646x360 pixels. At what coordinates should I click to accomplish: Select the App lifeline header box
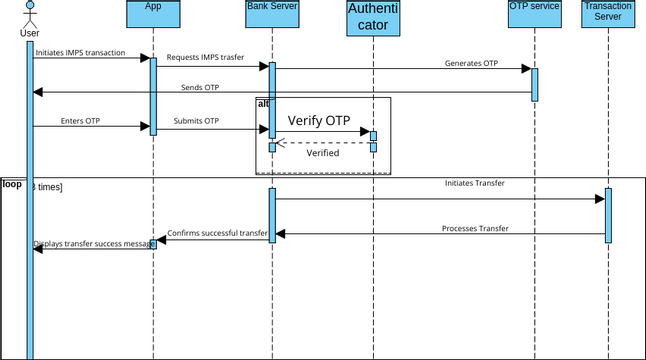tap(153, 17)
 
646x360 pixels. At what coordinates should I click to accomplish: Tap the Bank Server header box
tap(271, 17)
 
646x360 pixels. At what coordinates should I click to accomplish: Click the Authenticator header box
tap(373, 18)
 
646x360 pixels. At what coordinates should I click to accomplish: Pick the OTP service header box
tap(534, 17)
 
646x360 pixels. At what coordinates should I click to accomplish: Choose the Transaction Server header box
tap(607, 17)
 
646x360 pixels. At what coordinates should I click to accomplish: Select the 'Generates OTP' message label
tap(471, 63)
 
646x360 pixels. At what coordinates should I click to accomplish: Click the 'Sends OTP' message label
tap(200, 87)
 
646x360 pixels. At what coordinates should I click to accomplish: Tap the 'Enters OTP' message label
tap(80, 121)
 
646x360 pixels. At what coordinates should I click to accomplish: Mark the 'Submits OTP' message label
tap(196, 121)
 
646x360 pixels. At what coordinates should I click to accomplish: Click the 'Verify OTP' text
tap(319, 120)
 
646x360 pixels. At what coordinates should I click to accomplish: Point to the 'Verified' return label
tap(322, 153)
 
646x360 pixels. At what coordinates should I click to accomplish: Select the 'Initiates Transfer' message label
tap(474, 184)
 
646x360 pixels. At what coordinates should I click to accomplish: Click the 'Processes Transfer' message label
tap(475, 229)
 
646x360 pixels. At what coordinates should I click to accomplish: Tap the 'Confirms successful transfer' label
tap(218, 233)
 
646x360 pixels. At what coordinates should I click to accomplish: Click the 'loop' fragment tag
tap(12, 184)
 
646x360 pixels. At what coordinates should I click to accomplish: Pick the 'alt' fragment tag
tap(263, 103)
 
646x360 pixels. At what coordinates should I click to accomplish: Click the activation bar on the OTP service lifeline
tap(535, 84)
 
